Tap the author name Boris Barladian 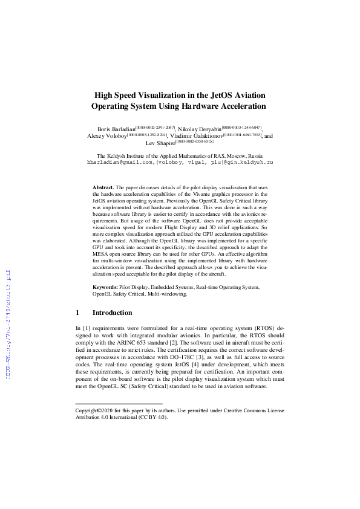pos(116,129)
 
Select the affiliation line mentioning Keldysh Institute pos(180,156)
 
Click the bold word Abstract pos(103,189)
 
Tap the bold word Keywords pos(105,287)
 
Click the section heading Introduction pos(112,313)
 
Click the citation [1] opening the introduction pos(85,327)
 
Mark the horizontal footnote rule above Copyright pos(119,403)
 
